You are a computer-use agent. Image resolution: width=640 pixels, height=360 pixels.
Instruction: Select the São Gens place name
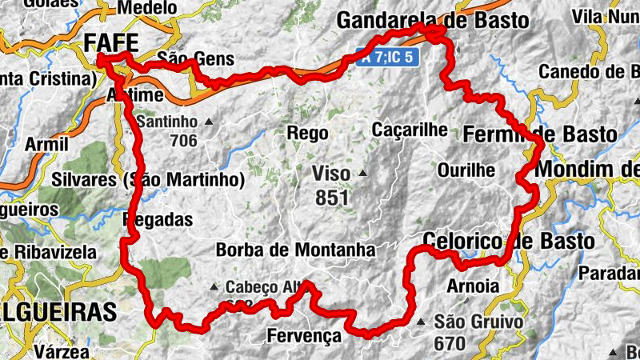(x=195, y=58)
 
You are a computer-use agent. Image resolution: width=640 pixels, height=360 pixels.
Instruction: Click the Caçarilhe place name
(x=409, y=129)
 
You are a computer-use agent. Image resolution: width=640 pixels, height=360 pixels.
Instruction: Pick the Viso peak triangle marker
(x=363, y=172)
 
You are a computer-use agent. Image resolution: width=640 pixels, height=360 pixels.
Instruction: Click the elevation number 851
(x=331, y=197)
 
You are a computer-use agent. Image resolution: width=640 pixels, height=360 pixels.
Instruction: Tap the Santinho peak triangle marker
(x=210, y=122)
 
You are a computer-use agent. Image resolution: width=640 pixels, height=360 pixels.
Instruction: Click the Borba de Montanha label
(x=295, y=250)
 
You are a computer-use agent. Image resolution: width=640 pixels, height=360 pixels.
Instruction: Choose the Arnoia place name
(x=474, y=286)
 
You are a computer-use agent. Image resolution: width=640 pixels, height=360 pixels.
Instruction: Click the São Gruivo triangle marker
(x=422, y=322)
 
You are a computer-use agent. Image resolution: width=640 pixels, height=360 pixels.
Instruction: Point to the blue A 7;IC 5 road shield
(x=388, y=58)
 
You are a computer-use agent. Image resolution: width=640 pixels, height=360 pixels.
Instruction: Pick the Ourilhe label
(x=466, y=170)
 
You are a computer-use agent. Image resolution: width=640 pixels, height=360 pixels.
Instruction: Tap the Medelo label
(x=146, y=8)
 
